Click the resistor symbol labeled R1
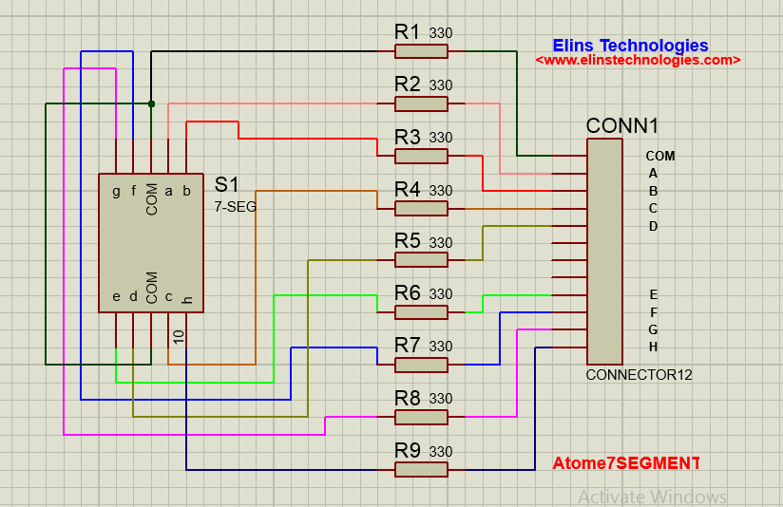pos(421,51)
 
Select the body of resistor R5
pos(421,260)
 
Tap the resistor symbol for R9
pos(421,469)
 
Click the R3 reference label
pos(408,137)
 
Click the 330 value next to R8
pos(441,399)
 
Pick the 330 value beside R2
pos(441,85)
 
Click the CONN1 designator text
pos(622,126)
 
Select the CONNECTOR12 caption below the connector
pos(639,375)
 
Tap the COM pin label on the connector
pos(660,156)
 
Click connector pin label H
pos(654,347)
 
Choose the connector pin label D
pos(654,226)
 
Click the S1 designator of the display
pos(226,184)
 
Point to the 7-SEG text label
pos(235,205)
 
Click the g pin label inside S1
pos(116,191)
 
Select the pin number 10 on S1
pos(179,335)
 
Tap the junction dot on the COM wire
pos(151,103)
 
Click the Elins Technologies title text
pos(630,45)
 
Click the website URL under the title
pos(638,60)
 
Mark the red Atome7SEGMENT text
pos(625,463)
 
